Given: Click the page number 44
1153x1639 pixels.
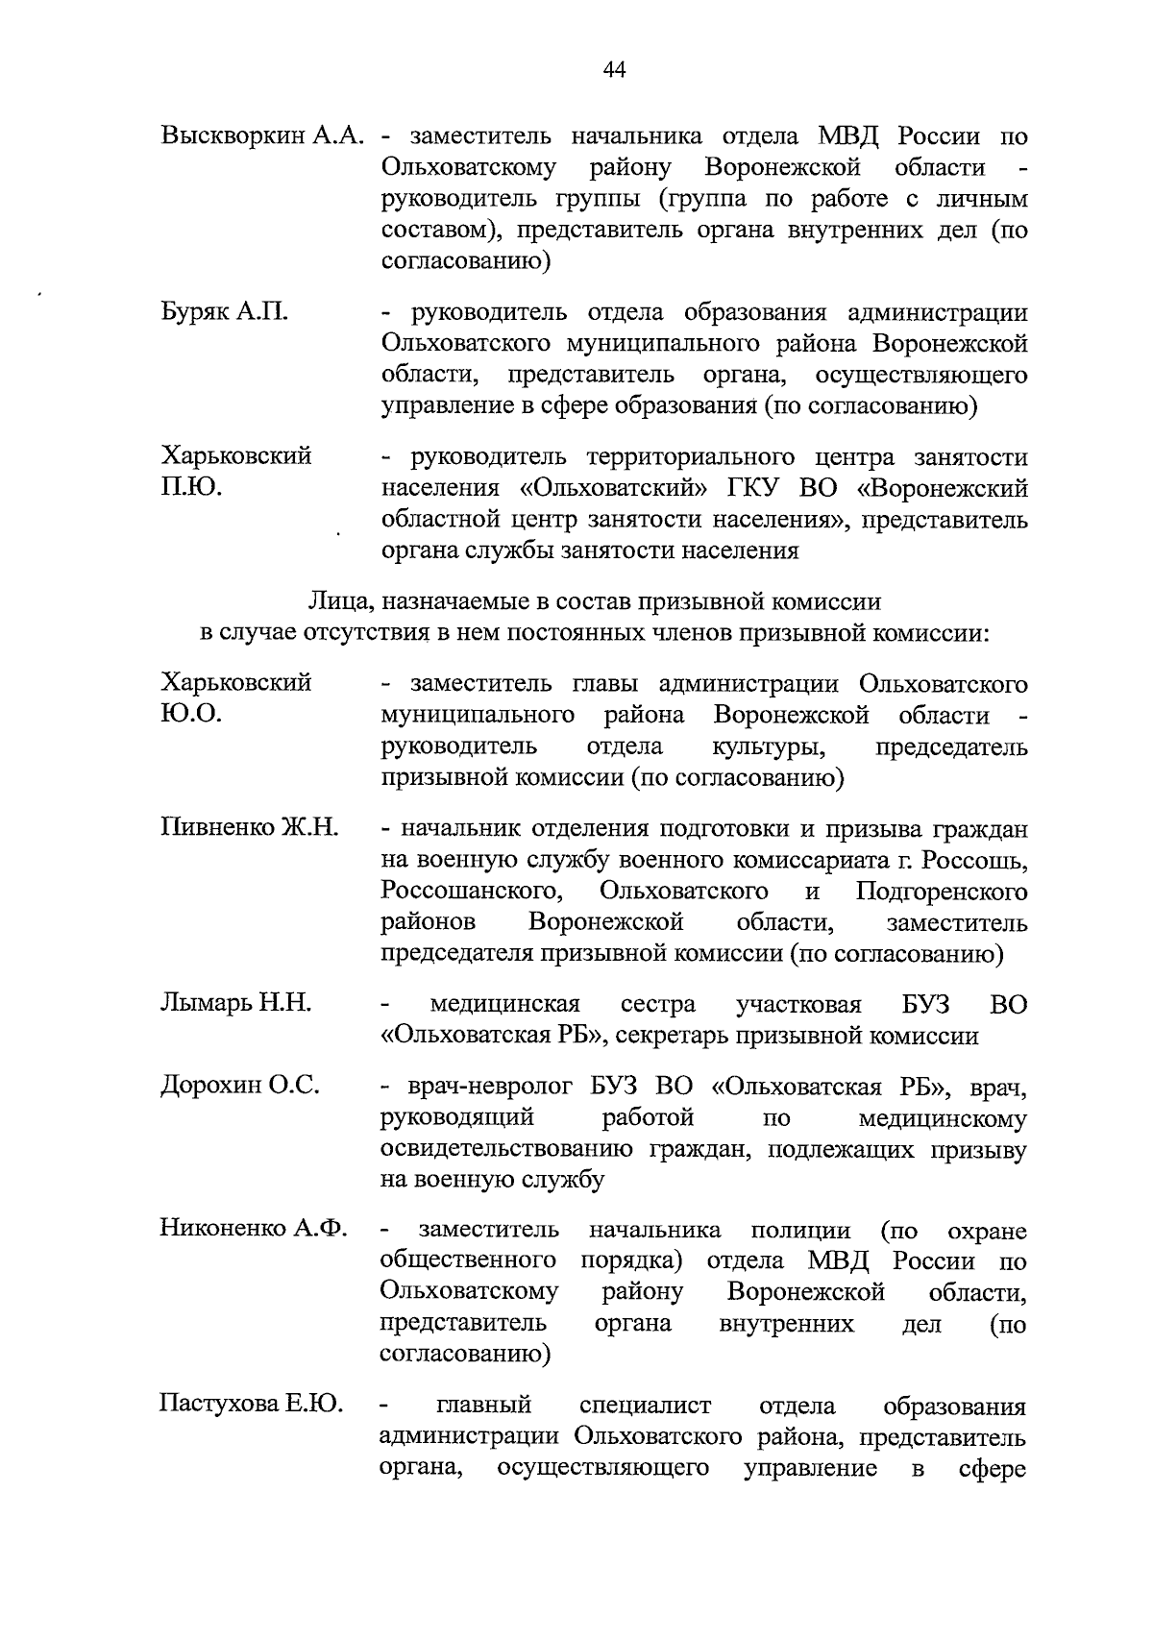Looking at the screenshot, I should click(614, 68).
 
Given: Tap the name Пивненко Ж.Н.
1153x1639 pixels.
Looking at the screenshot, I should click(249, 828).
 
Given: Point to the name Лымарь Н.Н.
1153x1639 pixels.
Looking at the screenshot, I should click(235, 1004).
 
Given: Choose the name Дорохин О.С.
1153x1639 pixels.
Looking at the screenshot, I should click(239, 1086).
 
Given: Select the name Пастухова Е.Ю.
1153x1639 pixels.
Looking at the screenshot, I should click(251, 1406).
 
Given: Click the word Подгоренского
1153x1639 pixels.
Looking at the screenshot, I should click(941, 892).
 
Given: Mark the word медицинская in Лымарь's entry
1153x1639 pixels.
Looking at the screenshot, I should click(505, 1005).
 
